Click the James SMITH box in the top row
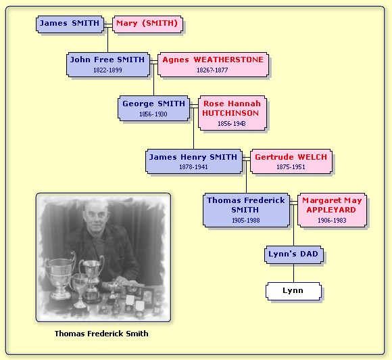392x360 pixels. (x=70, y=24)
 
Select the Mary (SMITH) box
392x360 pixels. (x=147, y=24)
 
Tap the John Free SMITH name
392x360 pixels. (x=107, y=60)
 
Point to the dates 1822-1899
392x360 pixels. (x=107, y=70)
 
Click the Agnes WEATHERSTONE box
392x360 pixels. (x=213, y=64)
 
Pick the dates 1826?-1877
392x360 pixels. (x=212, y=70)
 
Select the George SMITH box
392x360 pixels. (x=153, y=108)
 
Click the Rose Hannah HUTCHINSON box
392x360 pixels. (x=232, y=113)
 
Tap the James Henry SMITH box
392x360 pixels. (x=194, y=161)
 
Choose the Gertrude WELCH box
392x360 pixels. (x=291, y=161)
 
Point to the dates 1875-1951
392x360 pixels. (x=291, y=167)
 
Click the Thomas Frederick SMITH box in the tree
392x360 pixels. (x=246, y=210)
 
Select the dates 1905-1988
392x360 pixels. (x=246, y=221)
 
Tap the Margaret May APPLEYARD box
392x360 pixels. (x=332, y=210)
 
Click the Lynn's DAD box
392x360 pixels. (x=294, y=254)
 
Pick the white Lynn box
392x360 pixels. (x=293, y=291)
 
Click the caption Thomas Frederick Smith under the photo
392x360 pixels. (x=101, y=334)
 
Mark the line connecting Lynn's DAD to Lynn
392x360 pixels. (x=293, y=273)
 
